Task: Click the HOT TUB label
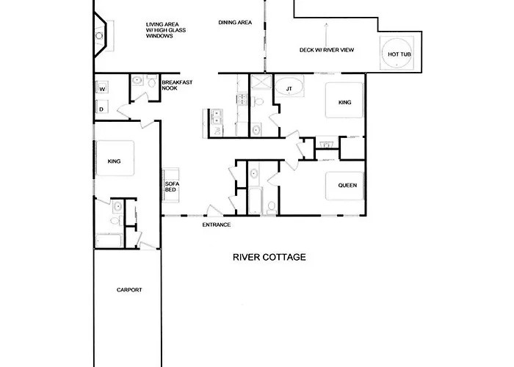click(398, 54)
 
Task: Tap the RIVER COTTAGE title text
click(269, 258)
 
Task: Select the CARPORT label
click(128, 290)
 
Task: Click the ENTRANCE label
click(217, 225)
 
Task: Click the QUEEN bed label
click(347, 186)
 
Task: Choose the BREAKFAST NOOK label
click(177, 84)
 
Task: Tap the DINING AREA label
click(235, 23)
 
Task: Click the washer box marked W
click(103, 89)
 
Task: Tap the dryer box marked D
click(101, 109)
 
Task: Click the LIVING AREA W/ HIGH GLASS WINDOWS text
click(164, 30)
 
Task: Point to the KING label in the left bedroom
click(114, 161)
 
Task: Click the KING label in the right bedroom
click(345, 103)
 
